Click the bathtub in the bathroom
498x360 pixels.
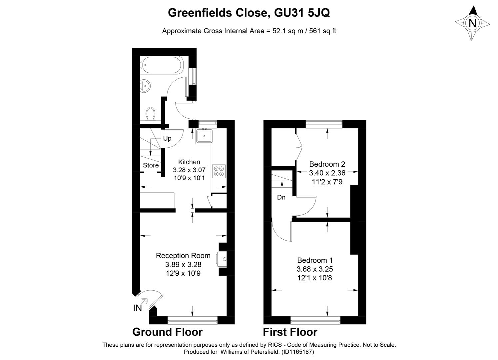point(162,65)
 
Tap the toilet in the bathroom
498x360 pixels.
point(151,114)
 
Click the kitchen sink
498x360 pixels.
point(204,136)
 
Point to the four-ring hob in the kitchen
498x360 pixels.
point(219,171)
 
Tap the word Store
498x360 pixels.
point(151,165)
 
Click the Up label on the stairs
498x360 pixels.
point(167,139)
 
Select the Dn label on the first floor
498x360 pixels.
point(281,197)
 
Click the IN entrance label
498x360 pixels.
point(137,308)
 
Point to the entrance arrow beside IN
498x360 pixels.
point(145,301)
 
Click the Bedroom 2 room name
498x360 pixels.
point(327,164)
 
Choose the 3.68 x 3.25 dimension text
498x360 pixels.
point(314,269)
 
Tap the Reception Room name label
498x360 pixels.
point(183,256)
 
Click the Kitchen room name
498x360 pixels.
point(189,162)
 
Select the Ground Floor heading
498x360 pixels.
point(168,332)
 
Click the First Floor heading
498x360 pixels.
point(290,332)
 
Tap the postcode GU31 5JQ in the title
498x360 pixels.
point(302,13)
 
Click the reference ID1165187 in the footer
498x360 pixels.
point(297,352)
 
